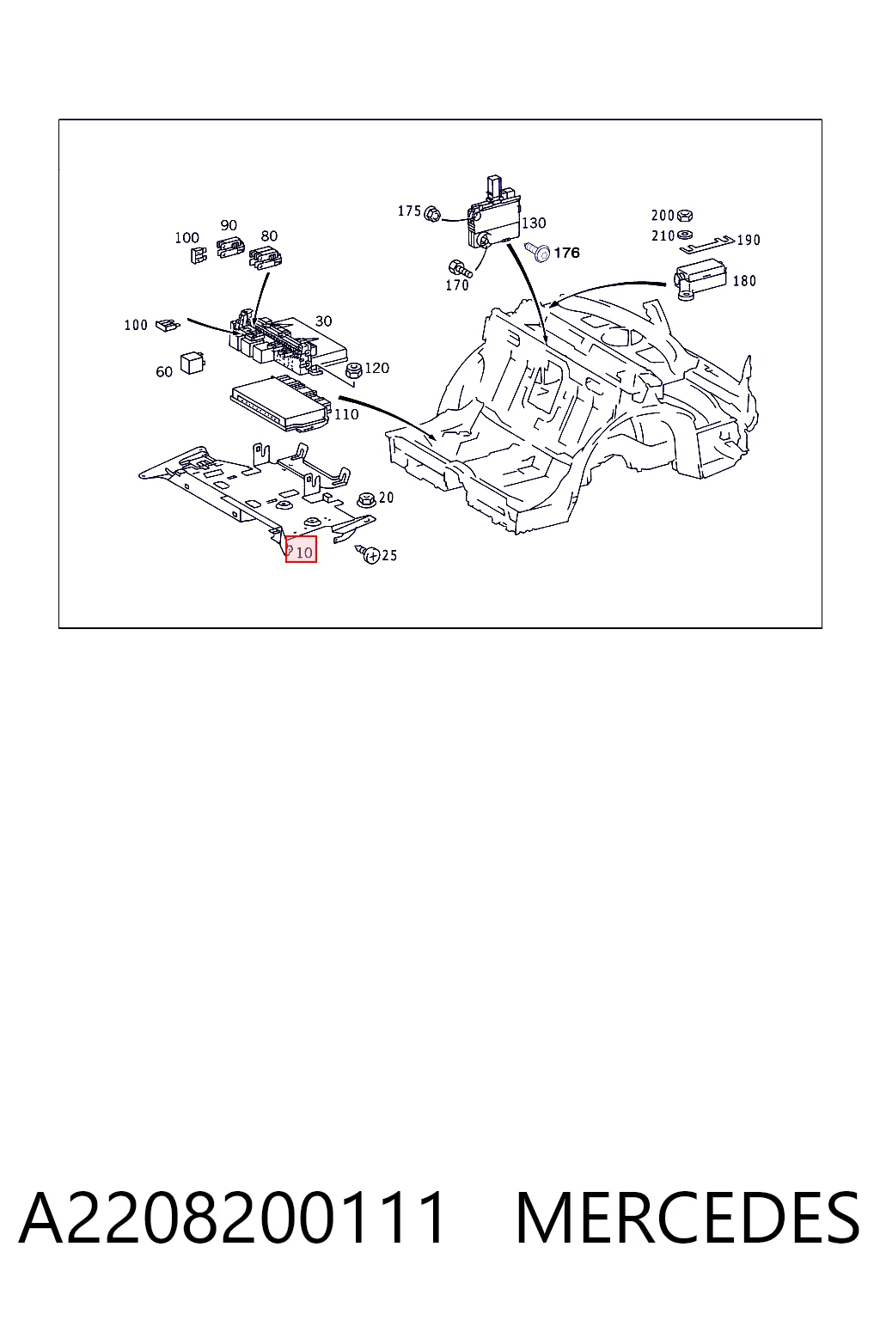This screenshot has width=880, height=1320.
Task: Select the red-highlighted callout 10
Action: (x=301, y=549)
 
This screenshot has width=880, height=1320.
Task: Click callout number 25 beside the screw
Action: (x=389, y=555)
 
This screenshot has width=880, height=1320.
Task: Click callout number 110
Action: (x=346, y=414)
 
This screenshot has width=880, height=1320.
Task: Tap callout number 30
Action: (x=324, y=321)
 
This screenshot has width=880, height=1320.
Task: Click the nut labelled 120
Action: (x=354, y=370)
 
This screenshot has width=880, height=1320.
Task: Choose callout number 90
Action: (x=229, y=225)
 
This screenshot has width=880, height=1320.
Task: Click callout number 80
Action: (x=269, y=235)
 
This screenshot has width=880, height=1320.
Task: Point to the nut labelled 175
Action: (x=432, y=213)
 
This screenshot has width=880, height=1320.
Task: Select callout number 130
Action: (x=534, y=223)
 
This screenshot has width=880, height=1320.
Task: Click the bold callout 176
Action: (x=567, y=252)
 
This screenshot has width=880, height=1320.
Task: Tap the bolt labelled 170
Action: (x=460, y=268)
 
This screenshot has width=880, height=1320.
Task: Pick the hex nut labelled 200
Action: (x=685, y=216)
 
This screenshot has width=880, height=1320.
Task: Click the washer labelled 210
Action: (x=685, y=235)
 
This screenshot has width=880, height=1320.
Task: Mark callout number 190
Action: (x=749, y=240)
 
